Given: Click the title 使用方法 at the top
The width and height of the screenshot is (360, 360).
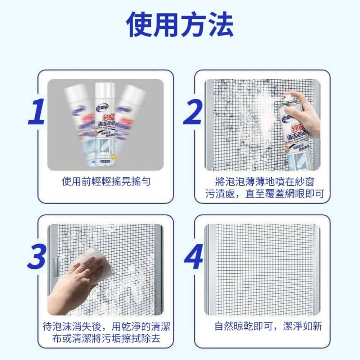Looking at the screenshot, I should tap(180, 24).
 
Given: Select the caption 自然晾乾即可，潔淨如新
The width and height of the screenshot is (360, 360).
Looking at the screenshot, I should tap(268, 327).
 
